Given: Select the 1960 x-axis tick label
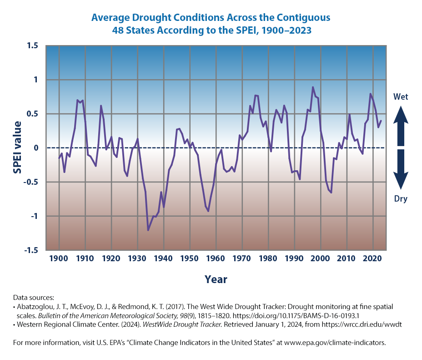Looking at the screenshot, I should point(216,259).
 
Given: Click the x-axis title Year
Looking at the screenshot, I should point(216,279).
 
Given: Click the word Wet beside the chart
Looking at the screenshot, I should point(400,97).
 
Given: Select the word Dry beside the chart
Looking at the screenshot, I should point(400,199).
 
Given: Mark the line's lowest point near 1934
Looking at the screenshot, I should point(148,230).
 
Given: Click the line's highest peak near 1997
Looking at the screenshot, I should point(312,87).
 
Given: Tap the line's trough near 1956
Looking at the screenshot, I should point(208,211).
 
